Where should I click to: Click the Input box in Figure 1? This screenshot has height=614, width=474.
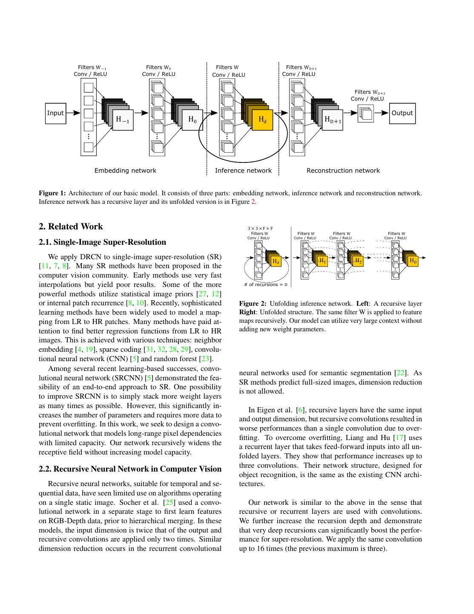pyautogui.click(x=55, y=113)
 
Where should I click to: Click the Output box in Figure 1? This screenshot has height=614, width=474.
pyautogui.click(x=402, y=113)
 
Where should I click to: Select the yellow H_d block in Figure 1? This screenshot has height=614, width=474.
pyautogui.click(x=262, y=120)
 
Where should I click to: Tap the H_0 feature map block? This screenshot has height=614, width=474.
pyautogui.click(x=192, y=119)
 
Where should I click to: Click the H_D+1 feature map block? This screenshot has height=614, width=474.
pyautogui.click(x=333, y=120)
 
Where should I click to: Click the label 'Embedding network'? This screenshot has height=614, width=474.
pyautogui.click(x=125, y=171)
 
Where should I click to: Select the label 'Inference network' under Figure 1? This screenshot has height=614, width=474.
pyautogui.click(x=243, y=171)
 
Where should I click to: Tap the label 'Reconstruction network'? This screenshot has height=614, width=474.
pyautogui.click(x=343, y=171)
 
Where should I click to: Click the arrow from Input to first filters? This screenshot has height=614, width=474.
pyautogui.click(x=73, y=113)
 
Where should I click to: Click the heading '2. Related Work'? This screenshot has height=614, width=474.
pyautogui.click(x=71, y=226)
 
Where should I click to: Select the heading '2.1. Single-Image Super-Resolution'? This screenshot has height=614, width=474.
pyautogui.click(x=102, y=242)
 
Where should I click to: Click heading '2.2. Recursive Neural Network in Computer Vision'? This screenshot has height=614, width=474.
pyautogui.click(x=130, y=469)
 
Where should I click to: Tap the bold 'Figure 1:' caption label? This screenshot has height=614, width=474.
pyautogui.click(x=52, y=193)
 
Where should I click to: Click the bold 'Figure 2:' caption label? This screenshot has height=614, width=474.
pyautogui.click(x=253, y=304)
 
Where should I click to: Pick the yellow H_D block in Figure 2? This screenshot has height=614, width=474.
pyautogui.click(x=412, y=261)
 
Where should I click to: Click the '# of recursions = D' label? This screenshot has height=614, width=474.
pyautogui.click(x=266, y=284)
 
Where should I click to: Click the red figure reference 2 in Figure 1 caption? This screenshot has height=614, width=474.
pyautogui.click(x=253, y=202)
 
